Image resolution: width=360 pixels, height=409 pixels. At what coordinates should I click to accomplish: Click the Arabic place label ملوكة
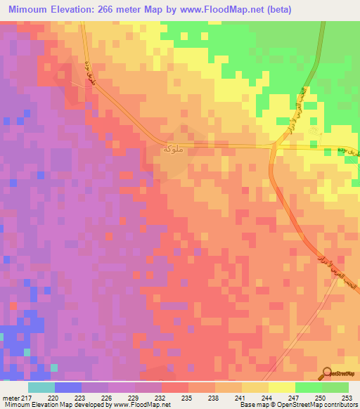click(x=174, y=150)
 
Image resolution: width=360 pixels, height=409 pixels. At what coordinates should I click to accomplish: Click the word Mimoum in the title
click(x=31, y=10)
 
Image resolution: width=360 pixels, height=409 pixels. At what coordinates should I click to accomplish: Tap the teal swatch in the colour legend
click(x=41, y=387)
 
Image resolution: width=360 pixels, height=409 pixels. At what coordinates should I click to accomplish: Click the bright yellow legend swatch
click(x=282, y=387)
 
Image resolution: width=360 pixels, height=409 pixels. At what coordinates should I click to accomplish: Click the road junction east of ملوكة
click(x=274, y=146)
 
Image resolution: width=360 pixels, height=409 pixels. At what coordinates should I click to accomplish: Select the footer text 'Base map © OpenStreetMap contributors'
click(x=297, y=404)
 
